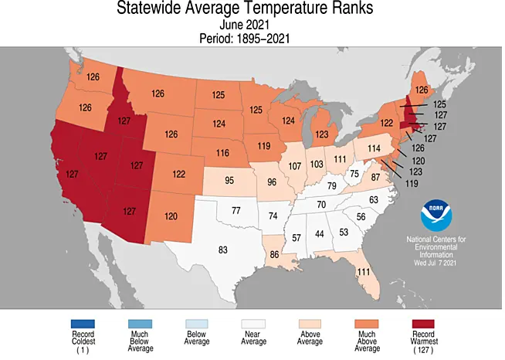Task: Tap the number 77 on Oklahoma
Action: click(x=236, y=211)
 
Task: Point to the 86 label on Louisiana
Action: click(x=274, y=254)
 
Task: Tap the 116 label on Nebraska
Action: click(x=223, y=152)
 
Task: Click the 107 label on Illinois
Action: click(x=294, y=167)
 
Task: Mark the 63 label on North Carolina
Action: click(x=375, y=201)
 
